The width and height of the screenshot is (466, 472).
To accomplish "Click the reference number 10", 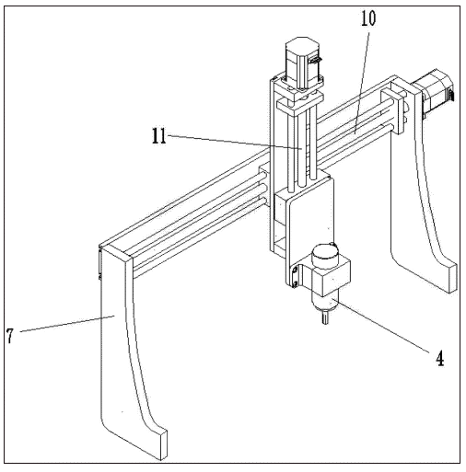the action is [x=368, y=18].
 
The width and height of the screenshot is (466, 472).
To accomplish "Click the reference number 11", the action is [x=159, y=136].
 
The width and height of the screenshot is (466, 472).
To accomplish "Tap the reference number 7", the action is [x=10, y=336].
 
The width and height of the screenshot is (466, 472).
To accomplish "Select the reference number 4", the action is [x=440, y=358].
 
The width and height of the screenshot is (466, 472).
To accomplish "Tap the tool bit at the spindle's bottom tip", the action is [x=325, y=317].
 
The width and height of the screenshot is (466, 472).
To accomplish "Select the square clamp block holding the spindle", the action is [x=331, y=276].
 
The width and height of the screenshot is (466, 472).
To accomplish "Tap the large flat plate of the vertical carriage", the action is [x=310, y=224].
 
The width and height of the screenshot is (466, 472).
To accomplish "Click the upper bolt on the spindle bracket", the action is [x=295, y=271].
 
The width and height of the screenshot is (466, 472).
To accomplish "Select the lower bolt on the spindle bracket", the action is [x=295, y=284].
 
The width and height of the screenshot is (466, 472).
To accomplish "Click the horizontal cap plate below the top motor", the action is [x=300, y=105].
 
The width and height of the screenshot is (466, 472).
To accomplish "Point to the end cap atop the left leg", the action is [x=116, y=251].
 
